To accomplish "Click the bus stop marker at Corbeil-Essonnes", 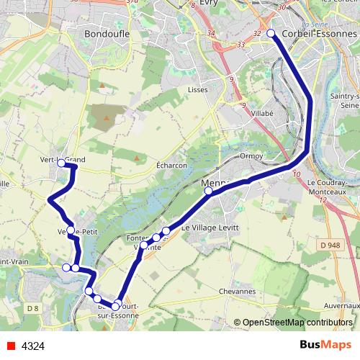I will (x=271, y=34).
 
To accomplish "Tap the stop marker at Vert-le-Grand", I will (x=61, y=163).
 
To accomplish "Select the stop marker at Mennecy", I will (x=208, y=191).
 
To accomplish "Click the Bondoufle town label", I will (x=106, y=34).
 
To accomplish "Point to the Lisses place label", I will (x=197, y=89).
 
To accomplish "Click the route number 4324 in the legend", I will (x=33, y=346).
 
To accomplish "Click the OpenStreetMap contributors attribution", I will (x=297, y=323).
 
